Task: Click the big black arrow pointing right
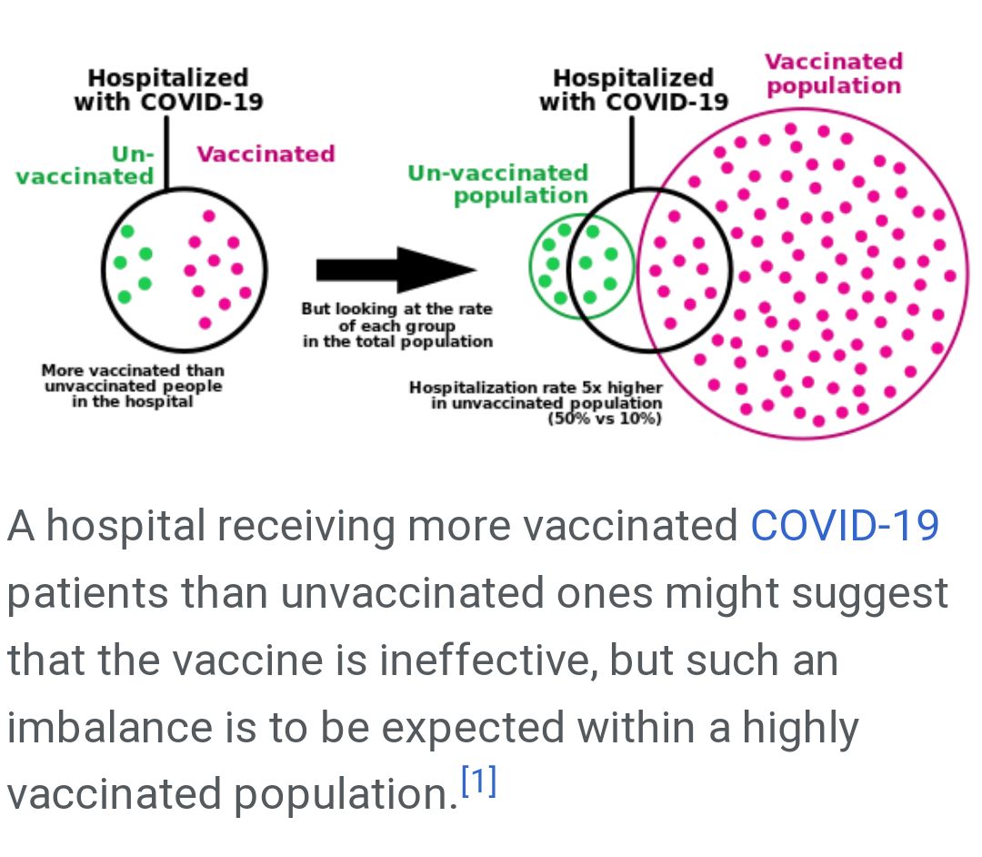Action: point(396,269)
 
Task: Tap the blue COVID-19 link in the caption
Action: point(844,526)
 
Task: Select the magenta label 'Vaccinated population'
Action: point(833,74)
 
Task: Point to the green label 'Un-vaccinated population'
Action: point(497,184)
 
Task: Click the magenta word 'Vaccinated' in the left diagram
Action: point(266,154)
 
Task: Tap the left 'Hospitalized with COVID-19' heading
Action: point(168,89)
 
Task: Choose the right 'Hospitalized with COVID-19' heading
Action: point(633,89)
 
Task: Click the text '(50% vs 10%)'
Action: point(604,419)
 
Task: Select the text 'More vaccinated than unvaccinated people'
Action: point(133,378)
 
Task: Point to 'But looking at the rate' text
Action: point(396,309)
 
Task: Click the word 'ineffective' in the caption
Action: point(486,660)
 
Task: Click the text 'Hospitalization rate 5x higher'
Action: point(536,388)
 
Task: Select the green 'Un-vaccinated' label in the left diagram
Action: point(85,166)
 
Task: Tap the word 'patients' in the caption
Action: point(87,593)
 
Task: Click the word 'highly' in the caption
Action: point(799,728)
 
